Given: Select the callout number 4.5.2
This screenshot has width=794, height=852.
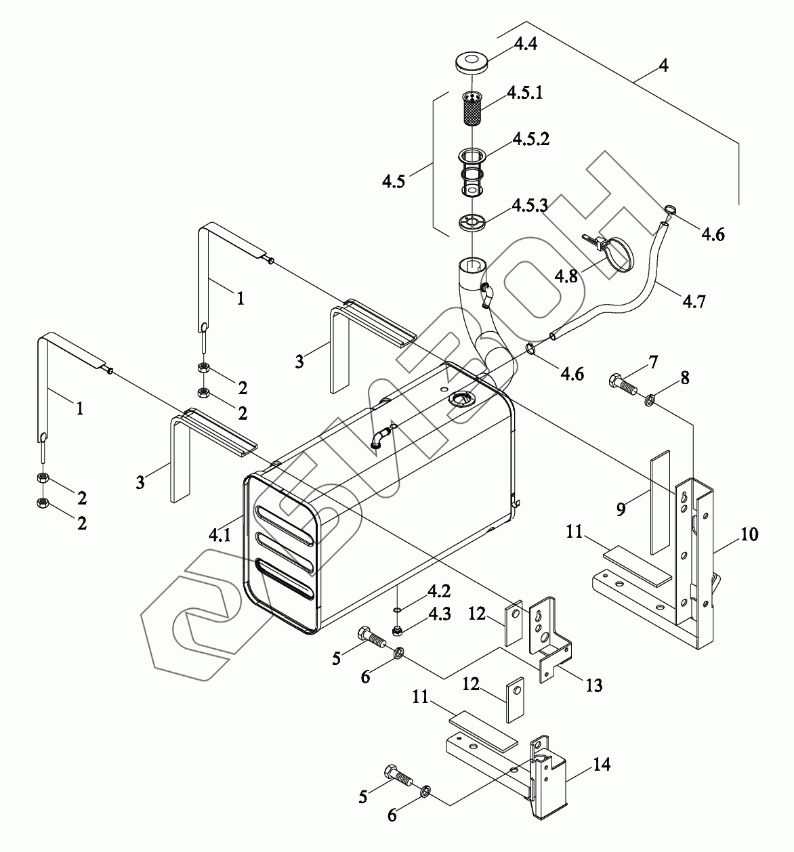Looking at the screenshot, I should (x=530, y=140).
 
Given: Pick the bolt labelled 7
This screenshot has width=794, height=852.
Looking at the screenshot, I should (x=621, y=383).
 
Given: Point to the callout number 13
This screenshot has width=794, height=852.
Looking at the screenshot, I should (x=593, y=685).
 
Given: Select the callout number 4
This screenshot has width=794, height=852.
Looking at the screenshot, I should (x=664, y=66).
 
